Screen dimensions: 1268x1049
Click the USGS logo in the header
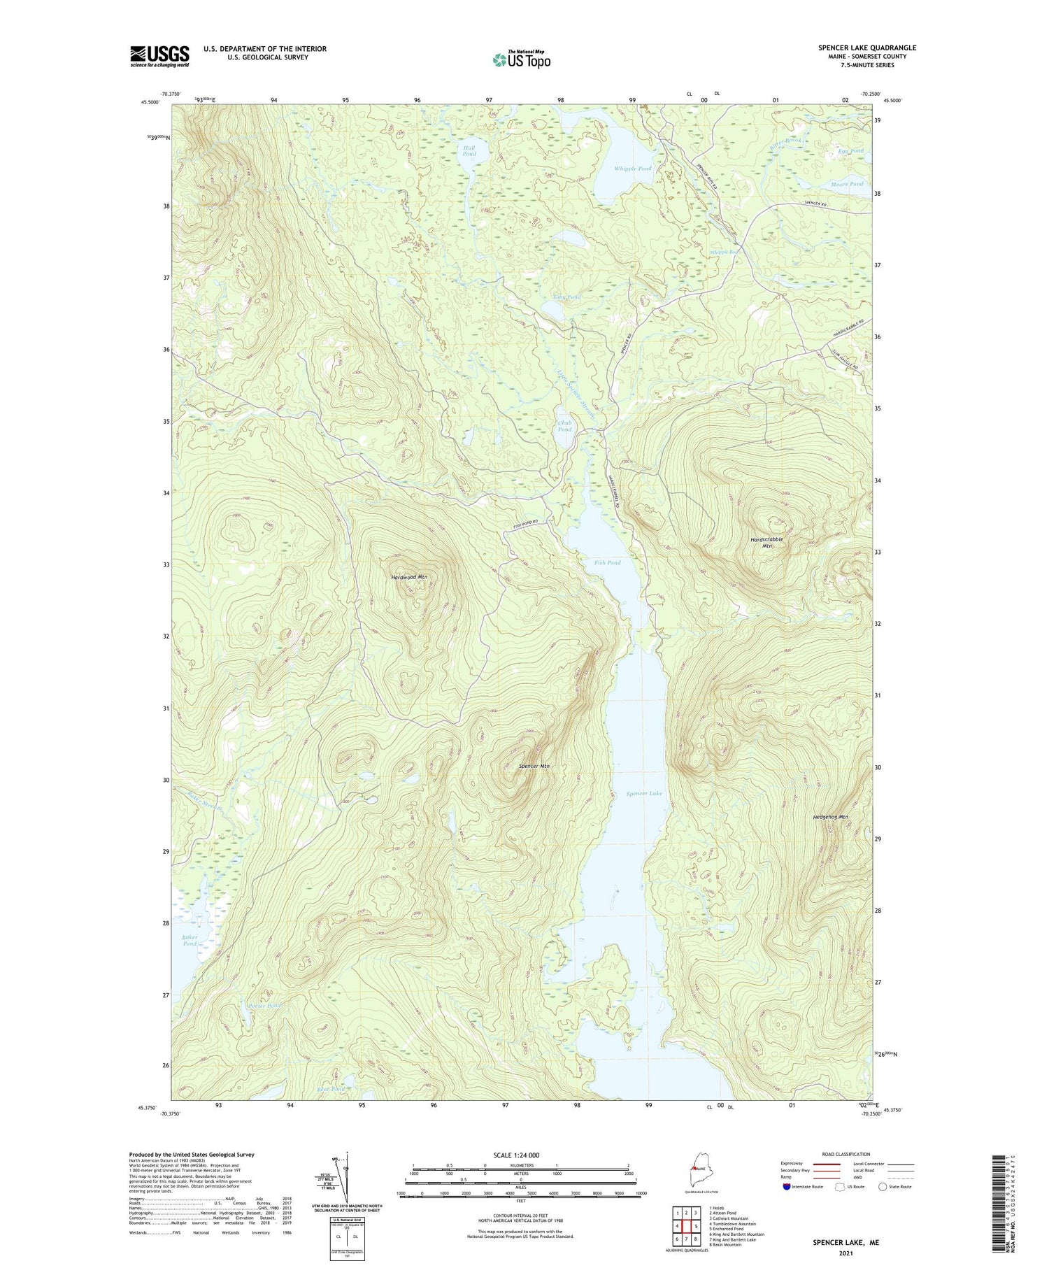(x=159, y=56)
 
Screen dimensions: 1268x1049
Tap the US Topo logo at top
(x=521, y=59)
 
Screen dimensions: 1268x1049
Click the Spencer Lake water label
(x=643, y=793)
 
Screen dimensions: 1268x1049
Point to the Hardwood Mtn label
(x=409, y=577)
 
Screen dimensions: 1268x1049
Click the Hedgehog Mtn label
(x=830, y=817)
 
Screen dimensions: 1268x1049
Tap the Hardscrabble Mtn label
(x=766, y=542)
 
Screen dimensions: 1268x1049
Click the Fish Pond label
(x=607, y=562)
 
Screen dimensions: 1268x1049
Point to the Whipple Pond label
(x=632, y=169)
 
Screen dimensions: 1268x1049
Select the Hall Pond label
(x=469, y=150)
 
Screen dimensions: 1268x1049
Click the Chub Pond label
(x=564, y=426)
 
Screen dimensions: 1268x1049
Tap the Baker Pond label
(x=190, y=940)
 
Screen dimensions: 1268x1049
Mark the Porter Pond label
(x=264, y=1006)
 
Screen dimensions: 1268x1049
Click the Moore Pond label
(x=847, y=184)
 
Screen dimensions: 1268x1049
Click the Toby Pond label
(x=566, y=297)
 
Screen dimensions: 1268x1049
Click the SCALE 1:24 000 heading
(x=519, y=1155)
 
